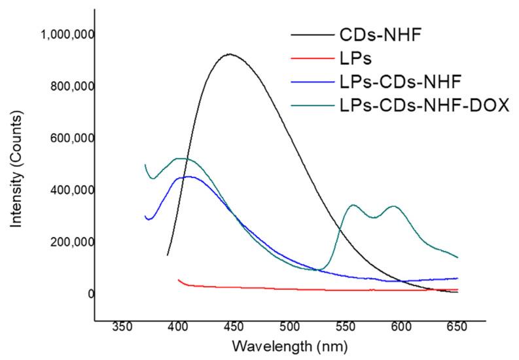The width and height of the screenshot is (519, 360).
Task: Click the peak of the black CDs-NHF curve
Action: [x=228, y=54]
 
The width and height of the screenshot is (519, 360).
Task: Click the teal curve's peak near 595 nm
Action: [x=393, y=206]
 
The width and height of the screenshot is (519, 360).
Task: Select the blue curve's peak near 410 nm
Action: [x=188, y=177]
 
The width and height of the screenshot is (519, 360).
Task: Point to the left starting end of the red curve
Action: [x=179, y=279]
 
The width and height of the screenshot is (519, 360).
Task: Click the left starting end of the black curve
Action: [x=168, y=255]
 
